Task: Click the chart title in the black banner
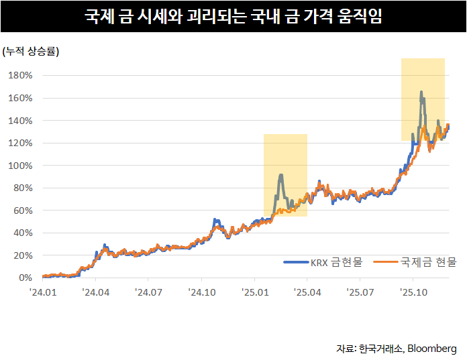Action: click(234, 15)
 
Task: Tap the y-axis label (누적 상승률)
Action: click(31, 52)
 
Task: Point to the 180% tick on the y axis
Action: click(20, 75)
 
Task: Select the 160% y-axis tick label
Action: click(20, 98)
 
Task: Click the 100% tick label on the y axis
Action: click(20, 166)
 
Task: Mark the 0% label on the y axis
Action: click(25, 278)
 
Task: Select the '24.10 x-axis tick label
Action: click(201, 292)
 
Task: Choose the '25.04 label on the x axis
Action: click(307, 292)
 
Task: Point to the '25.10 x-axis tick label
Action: click(413, 292)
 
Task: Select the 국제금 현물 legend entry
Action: click(415, 262)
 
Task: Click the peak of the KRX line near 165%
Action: click(421, 93)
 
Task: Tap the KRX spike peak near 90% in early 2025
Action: click(280, 176)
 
